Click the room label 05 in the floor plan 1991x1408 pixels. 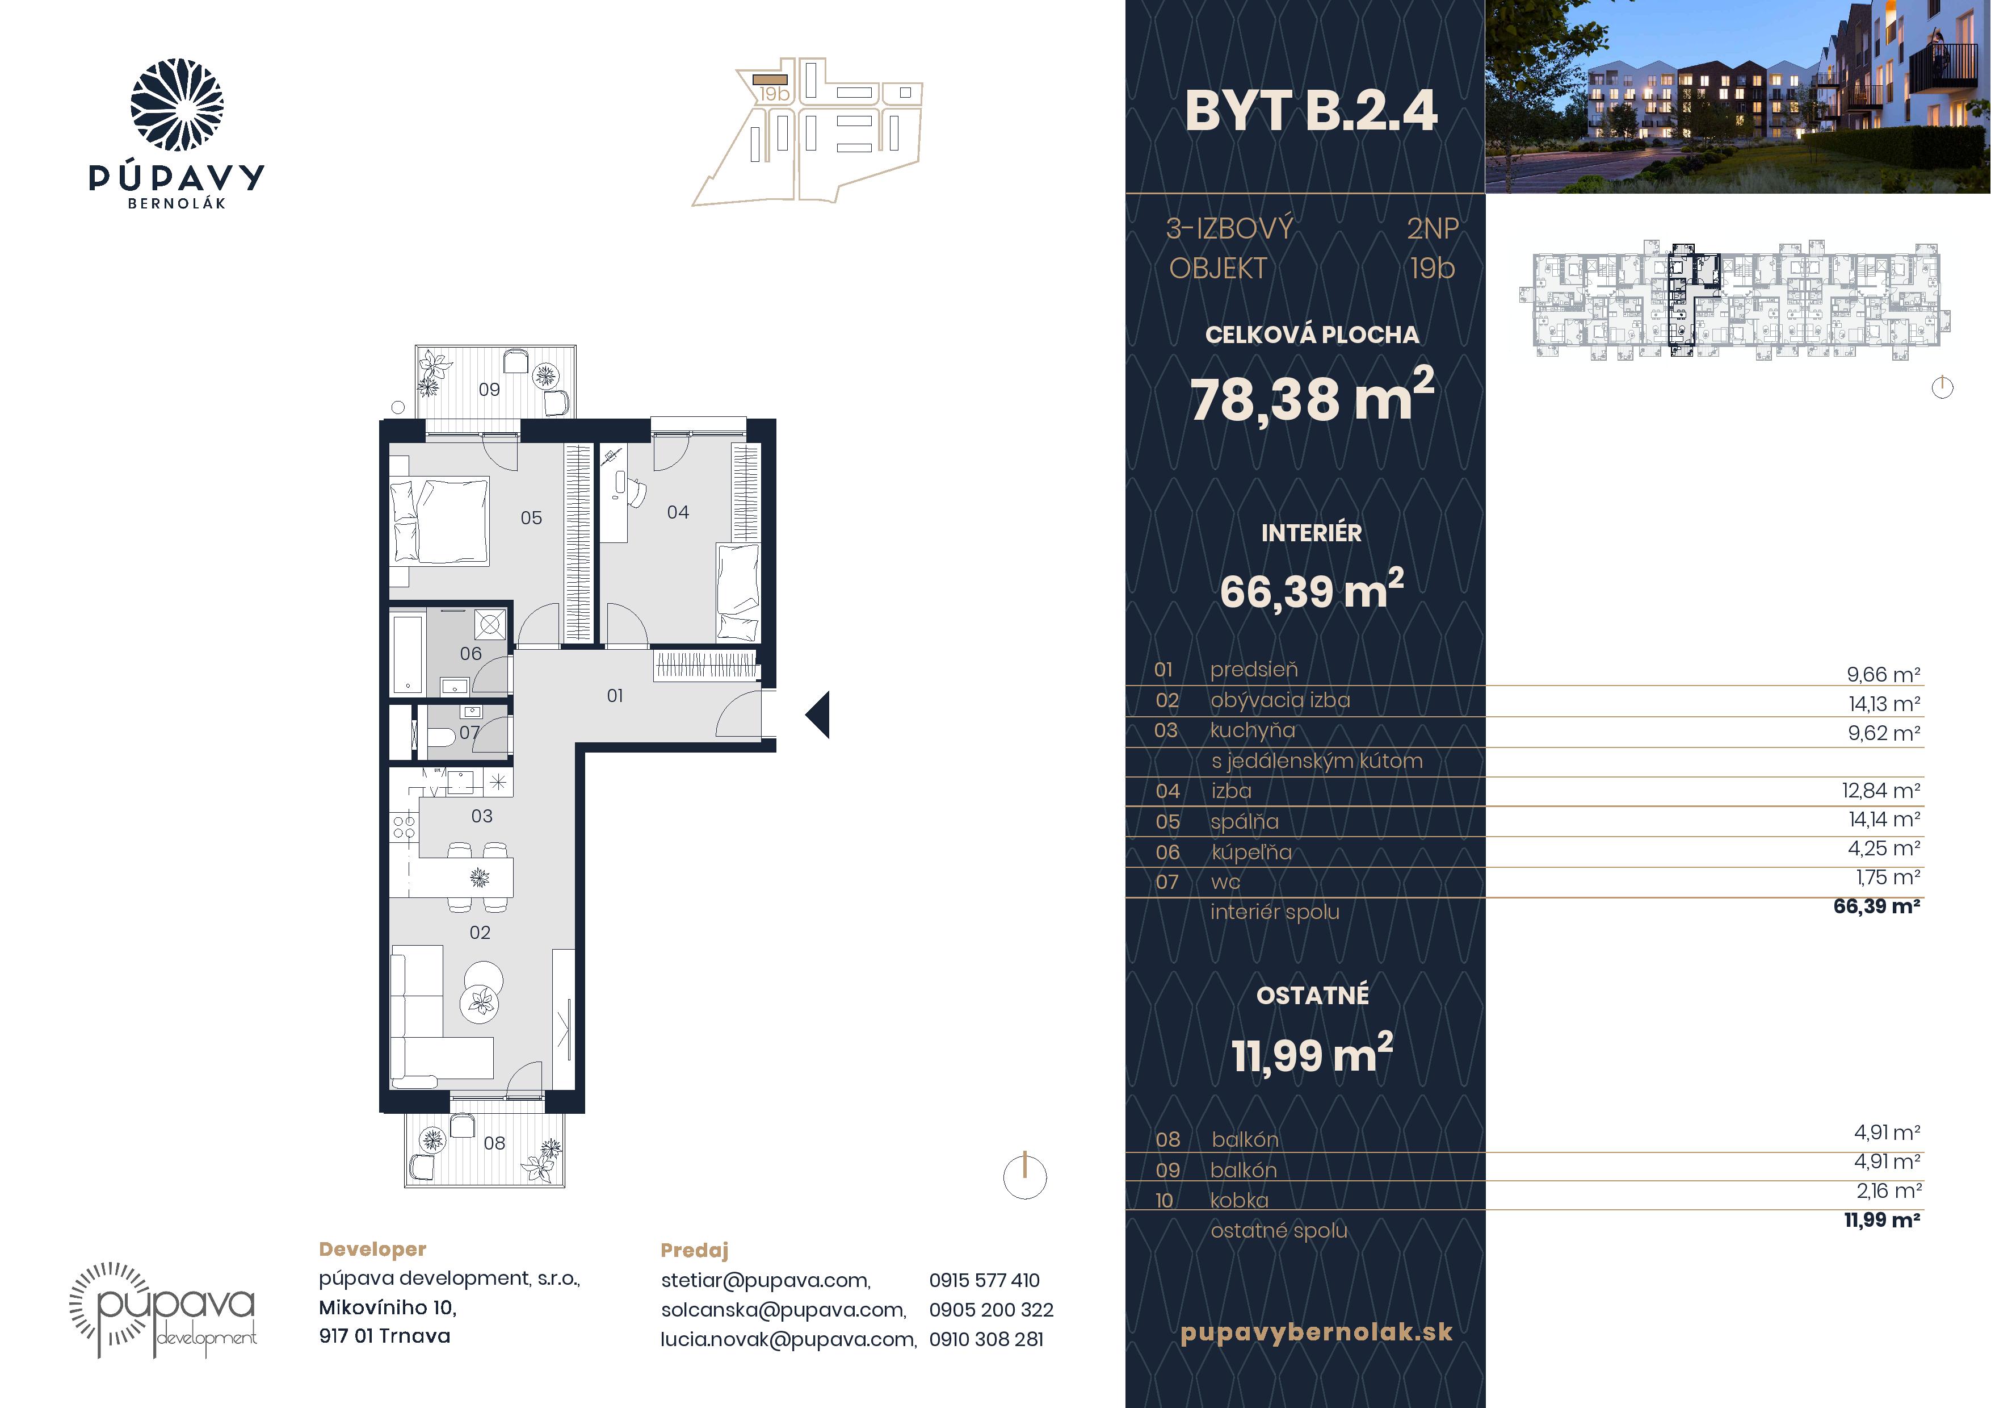[531, 518]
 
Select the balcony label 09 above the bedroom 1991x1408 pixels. [489, 390]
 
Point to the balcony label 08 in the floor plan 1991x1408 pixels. [494, 1143]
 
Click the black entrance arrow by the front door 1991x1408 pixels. [818, 715]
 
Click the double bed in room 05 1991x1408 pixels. [440, 520]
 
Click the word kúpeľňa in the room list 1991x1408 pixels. [1251, 853]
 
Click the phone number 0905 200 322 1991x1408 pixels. [991, 1310]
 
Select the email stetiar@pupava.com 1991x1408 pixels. [766, 1280]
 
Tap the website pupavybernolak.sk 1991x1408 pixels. [1316, 1332]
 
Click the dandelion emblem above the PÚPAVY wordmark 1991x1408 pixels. [177, 105]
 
